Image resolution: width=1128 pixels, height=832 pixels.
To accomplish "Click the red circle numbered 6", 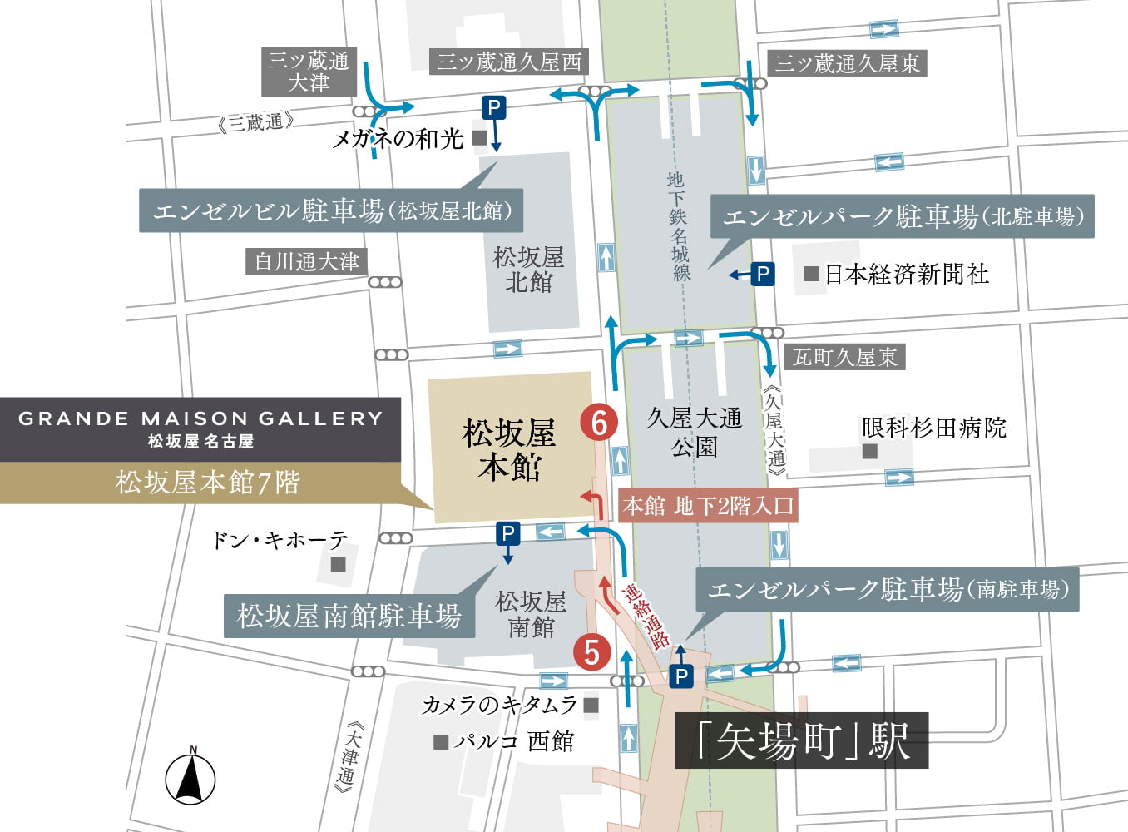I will tap(599, 423).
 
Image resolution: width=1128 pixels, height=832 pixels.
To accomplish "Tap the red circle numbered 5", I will tap(591, 652).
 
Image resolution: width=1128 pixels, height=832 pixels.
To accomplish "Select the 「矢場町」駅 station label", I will tap(801, 740).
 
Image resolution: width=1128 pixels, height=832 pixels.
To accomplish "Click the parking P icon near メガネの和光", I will tap(494, 107).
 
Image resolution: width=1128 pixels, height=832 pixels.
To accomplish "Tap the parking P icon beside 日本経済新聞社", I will tap(763, 274).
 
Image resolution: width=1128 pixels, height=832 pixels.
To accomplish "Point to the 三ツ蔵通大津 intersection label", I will tap(309, 72).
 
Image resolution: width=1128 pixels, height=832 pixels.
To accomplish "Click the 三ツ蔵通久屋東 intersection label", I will tap(847, 63).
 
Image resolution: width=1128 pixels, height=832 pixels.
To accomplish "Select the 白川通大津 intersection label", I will tap(307, 261).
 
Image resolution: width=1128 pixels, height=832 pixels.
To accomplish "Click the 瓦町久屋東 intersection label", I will tap(844, 357).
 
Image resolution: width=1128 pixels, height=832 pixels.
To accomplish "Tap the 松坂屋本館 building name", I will tap(509, 450).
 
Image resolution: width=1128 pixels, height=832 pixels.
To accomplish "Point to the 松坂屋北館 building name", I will tap(528, 270).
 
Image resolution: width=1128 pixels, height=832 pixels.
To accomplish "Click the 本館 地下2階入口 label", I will tap(708, 505).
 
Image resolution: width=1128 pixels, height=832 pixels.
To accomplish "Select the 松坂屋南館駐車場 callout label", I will tap(349, 616).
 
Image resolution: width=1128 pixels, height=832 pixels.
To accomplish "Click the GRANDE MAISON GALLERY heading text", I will tap(200, 418).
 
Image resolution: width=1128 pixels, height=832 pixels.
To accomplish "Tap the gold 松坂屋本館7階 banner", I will tap(207, 483).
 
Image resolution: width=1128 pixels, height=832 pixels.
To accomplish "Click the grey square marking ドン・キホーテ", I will tap(338, 565).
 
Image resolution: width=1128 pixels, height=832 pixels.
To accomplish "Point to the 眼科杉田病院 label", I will tap(933, 428).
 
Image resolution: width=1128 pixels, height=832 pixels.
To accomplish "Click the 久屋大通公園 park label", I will tap(694, 432).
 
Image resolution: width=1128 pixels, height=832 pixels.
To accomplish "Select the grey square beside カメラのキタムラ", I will tap(591, 706).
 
